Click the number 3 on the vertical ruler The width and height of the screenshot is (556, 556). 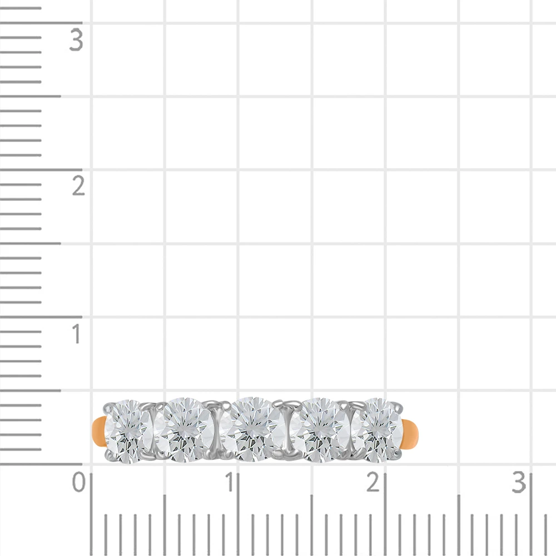tap(76, 40)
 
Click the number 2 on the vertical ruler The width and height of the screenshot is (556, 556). tap(78, 186)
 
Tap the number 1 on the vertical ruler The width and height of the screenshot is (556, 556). tap(76, 334)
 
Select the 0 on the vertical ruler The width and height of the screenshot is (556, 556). tap(79, 482)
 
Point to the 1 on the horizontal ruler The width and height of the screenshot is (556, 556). tap(230, 482)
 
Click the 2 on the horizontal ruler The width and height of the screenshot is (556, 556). tap(373, 482)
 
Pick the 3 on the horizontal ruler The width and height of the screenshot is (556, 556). tap(519, 482)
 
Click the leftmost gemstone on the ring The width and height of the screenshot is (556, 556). tap(128, 431)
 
